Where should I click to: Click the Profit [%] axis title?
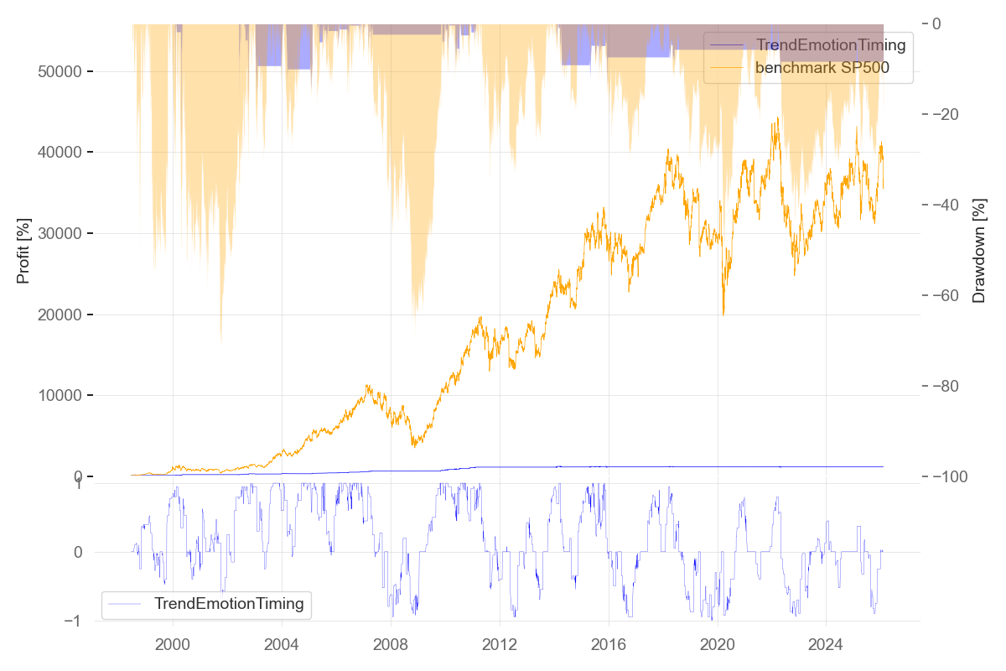23,251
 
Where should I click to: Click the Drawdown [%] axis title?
978,251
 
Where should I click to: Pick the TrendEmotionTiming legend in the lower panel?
228,603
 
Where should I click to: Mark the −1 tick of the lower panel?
77,621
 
